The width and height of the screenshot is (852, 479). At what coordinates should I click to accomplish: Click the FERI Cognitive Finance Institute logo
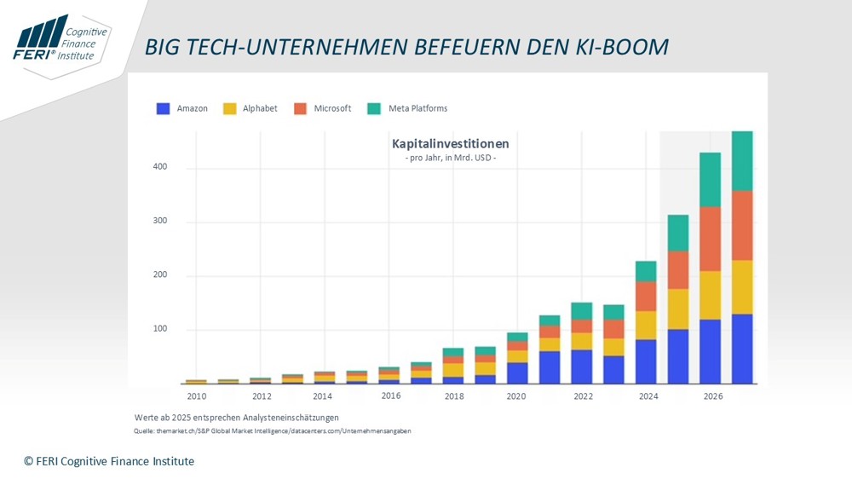(60, 39)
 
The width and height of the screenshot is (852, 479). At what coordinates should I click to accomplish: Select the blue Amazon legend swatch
(163, 108)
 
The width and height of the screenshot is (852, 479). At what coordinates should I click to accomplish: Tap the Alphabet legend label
(260, 108)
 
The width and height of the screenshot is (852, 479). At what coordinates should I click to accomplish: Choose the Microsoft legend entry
(332, 108)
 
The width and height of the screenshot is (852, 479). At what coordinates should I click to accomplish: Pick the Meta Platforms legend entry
(417, 108)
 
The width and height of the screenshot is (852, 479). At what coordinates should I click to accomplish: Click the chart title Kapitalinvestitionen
(450, 144)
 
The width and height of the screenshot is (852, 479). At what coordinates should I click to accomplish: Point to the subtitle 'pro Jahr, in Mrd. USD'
(450, 159)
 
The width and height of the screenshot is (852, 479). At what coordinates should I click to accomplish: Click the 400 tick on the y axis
(160, 167)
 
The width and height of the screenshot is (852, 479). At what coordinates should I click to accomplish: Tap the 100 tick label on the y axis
(160, 330)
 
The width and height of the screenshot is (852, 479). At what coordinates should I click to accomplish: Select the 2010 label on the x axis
(196, 396)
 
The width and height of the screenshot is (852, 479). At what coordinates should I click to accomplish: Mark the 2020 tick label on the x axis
(517, 396)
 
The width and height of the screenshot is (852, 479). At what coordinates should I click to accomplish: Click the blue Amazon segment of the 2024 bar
(646, 361)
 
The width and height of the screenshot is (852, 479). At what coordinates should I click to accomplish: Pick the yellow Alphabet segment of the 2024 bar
(646, 325)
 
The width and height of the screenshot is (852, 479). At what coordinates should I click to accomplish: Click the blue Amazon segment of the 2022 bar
(582, 366)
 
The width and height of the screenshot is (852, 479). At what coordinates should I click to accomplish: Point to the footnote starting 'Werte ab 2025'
(236, 418)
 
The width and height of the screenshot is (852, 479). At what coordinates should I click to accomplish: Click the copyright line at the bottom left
(109, 461)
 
